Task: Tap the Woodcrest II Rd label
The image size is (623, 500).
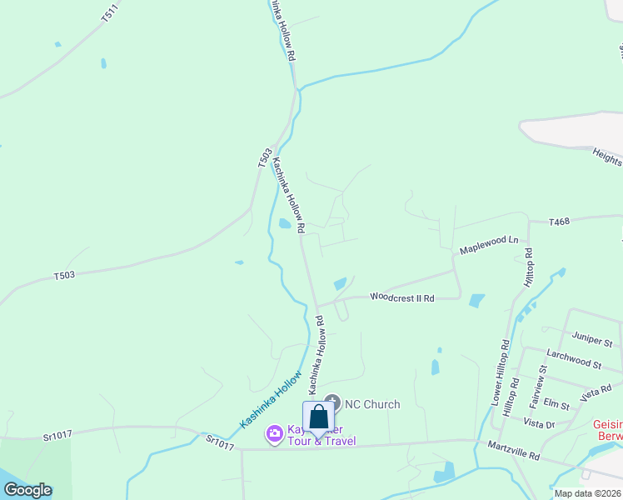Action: [x=402, y=297]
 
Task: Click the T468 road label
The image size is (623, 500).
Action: [x=559, y=222]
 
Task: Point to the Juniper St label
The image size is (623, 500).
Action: [x=592, y=339]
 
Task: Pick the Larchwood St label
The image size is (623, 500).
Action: [x=574, y=359]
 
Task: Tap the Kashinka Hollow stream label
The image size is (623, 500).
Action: [x=271, y=400]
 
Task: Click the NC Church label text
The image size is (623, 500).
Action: [x=372, y=404]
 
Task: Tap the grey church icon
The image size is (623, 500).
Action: [x=331, y=403]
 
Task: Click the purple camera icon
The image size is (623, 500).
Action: [x=273, y=433]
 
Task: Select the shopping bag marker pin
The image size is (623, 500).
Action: [x=319, y=417]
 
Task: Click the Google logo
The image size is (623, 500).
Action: [x=27, y=490]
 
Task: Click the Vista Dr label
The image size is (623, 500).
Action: [x=541, y=424]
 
